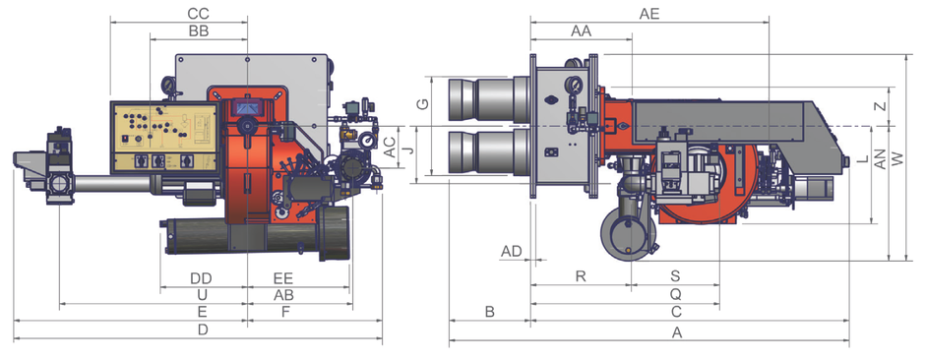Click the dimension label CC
[198, 13]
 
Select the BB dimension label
[199, 31]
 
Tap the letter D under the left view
[203, 330]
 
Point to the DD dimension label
[201, 278]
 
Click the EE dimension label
[283, 278]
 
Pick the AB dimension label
[283, 295]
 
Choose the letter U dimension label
[203, 295]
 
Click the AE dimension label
[649, 14]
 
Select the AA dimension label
[581, 31]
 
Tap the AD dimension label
[512, 252]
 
